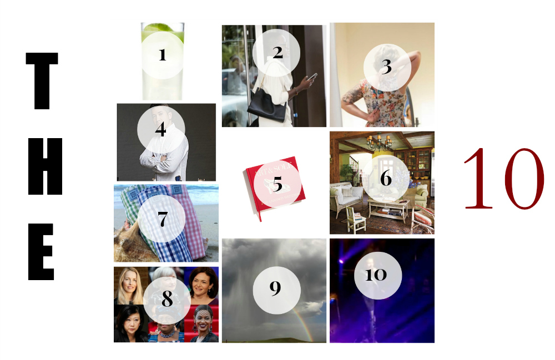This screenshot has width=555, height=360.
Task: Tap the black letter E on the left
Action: (x=42, y=252)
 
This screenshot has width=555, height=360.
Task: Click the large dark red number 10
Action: (x=503, y=179)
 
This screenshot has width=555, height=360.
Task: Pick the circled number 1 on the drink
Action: (x=162, y=55)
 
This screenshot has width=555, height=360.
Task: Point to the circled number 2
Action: (x=277, y=53)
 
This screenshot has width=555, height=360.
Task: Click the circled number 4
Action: (x=161, y=130)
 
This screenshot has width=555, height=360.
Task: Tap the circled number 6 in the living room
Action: (x=386, y=179)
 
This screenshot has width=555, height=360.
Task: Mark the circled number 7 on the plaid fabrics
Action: (x=162, y=219)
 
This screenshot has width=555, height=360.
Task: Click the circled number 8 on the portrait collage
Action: (x=167, y=299)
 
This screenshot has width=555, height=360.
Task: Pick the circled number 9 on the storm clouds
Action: (x=276, y=288)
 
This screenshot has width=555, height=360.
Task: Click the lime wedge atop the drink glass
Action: (x=165, y=26)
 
